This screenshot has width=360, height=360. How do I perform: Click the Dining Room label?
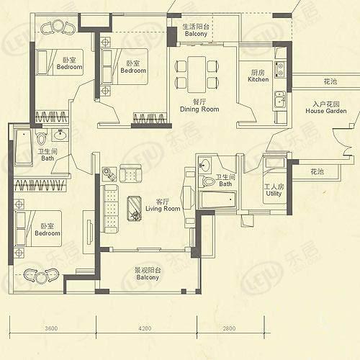click(x=199, y=106)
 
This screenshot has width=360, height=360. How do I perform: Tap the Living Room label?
click(x=163, y=205)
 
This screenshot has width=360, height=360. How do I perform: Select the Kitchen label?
click(x=258, y=76)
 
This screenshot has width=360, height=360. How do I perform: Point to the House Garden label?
click(x=326, y=107)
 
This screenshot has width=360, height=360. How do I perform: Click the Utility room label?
click(x=274, y=190)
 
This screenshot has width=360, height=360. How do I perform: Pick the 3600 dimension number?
click(x=51, y=328)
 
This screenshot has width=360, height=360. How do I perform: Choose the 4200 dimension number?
click(x=145, y=328)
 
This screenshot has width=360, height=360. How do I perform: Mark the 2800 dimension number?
click(x=229, y=328)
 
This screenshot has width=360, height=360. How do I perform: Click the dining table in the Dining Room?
click(x=197, y=74)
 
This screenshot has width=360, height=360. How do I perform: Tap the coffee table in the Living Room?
click(x=134, y=208)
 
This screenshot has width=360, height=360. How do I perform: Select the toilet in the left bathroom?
click(x=41, y=138)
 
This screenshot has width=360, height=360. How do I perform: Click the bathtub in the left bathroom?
click(x=23, y=148)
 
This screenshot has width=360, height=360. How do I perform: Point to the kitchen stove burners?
click(x=279, y=69)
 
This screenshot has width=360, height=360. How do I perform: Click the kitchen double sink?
click(x=279, y=100)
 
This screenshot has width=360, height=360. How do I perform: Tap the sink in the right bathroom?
click(x=204, y=165)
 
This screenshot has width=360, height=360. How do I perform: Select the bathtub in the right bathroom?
click(x=217, y=199)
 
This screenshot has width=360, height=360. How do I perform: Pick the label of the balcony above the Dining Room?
click(x=196, y=30)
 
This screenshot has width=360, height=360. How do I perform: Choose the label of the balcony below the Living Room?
click(x=148, y=274)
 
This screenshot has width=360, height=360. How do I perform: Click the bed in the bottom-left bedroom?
click(x=38, y=228)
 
